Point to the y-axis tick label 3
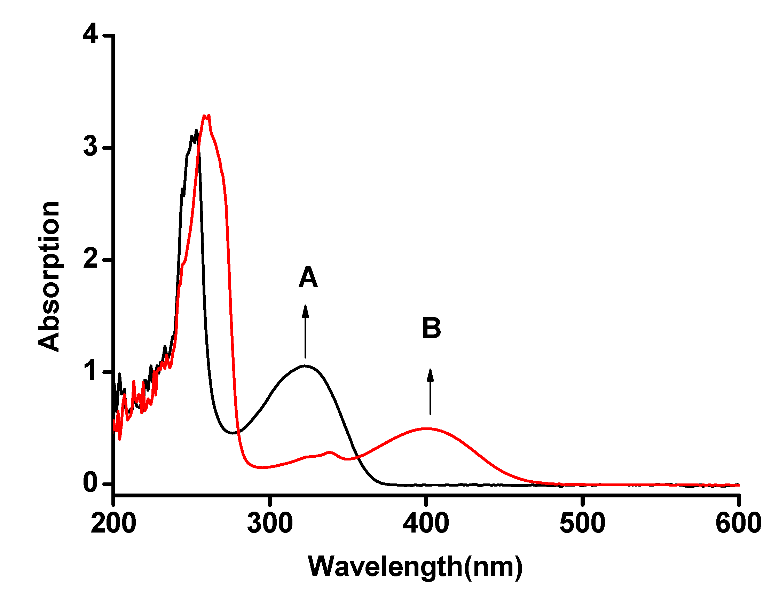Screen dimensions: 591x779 pyautogui.click(x=91, y=146)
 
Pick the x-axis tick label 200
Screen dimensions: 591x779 pyautogui.click(x=113, y=523)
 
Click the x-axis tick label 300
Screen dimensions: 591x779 pyautogui.click(x=270, y=523)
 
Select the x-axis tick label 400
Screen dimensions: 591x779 pyautogui.click(x=426, y=523)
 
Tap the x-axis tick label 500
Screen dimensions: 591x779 pyautogui.click(x=582, y=523)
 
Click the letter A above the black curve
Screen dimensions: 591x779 pyautogui.click(x=308, y=277)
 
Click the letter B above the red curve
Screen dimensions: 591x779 pyautogui.click(x=431, y=328)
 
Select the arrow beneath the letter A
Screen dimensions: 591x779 pyautogui.click(x=305, y=331)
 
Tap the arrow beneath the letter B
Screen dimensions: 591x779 pyautogui.click(x=430, y=391)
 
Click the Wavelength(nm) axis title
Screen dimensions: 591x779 pyautogui.click(x=415, y=567)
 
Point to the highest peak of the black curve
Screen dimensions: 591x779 pyautogui.click(x=196, y=131)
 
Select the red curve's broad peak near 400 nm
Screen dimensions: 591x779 pyautogui.click(x=426, y=429)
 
